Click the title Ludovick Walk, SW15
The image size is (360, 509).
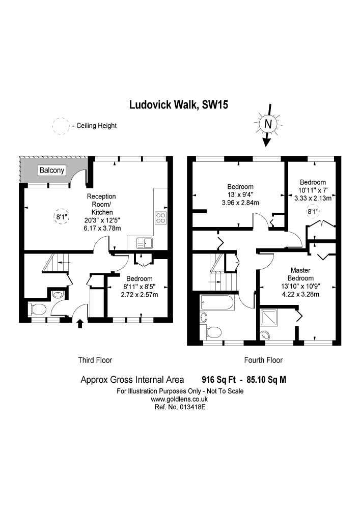point(178,105)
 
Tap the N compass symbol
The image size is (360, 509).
point(268,124)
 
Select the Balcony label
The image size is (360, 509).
point(52,171)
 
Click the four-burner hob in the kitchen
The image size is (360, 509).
point(161,217)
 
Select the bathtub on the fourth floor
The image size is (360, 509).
point(217,304)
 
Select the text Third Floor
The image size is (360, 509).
point(95,360)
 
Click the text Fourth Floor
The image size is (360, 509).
point(263,360)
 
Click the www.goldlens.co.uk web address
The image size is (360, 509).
point(180,400)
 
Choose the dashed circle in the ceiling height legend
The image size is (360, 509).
point(61,126)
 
